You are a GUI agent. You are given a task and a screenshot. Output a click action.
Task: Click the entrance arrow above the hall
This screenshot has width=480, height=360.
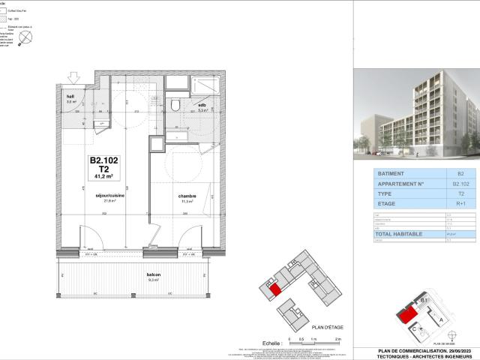[x=73, y=76]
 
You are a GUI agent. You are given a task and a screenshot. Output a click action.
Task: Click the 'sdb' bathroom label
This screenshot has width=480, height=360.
[x=202, y=106]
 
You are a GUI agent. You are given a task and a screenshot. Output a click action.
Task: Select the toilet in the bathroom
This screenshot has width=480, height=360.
[x=175, y=104]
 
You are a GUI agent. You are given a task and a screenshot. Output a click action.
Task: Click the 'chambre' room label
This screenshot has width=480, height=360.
[x=186, y=196]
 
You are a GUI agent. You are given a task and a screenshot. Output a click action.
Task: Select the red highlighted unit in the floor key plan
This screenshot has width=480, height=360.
[x=274, y=290]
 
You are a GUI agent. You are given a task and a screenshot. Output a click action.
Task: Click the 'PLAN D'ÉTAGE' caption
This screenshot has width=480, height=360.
[x=327, y=328]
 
